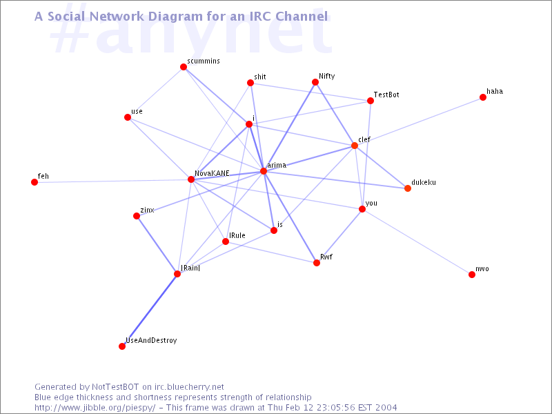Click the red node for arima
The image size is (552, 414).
click(264, 171)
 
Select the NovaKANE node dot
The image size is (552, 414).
click(191, 179)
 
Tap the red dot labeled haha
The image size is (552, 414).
click(483, 97)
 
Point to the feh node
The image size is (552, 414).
click(34, 182)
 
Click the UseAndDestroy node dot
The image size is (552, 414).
click(122, 346)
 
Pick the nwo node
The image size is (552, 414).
click(472, 275)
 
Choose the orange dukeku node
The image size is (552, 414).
click(408, 188)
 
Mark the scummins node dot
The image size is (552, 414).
click(184, 67)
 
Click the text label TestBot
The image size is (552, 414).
click(386, 95)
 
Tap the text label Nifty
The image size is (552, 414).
click(326, 77)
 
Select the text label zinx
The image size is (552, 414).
click(147, 210)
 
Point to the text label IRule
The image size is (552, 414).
click(237, 235)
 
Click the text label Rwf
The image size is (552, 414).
click(326, 257)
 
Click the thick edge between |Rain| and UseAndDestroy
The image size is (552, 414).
click(150, 310)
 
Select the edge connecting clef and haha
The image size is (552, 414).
click(419, 121)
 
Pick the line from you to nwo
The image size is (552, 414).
click(417, 242)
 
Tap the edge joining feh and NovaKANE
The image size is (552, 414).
click(112, 181)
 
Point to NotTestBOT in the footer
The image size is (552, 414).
click(115, 387)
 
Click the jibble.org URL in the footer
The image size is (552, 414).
click(95, 408)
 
